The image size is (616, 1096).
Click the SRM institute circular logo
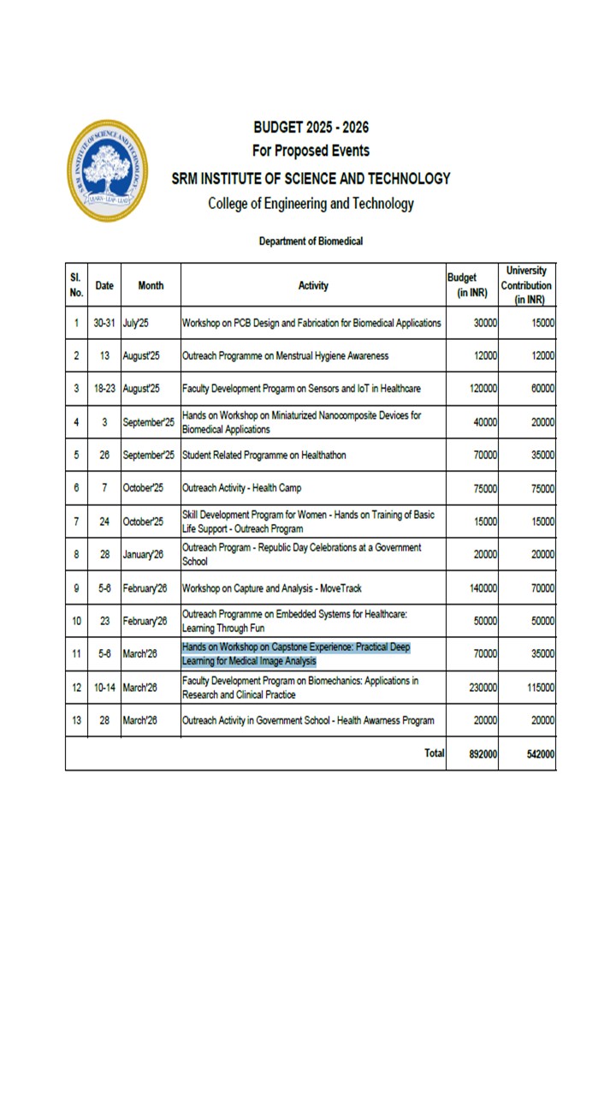pyautogui.click(x=108, y=170)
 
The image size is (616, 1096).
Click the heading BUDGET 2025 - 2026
pyautogui.click(x=311, y=128)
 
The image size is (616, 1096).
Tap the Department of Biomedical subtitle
pyautogui.click(x=311, y=241)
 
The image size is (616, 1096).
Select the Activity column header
pyautogui.click(x=313, y=286)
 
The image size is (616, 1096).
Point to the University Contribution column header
pyautogui.click(x=526, y=285)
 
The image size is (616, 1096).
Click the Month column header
pyautogui.click(x=151, y=286)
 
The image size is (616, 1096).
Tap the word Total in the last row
pyautogui.click(x=435, y=753)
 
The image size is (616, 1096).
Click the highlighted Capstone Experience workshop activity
pyautogui.click(x=296, y=654)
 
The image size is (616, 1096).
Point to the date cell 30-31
pyautogui.click(x=104, y=323)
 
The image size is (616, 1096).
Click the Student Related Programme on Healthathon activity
pyautogui.click(x=264, y=456)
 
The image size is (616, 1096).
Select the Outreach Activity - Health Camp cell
pyautogui.click(x=242, y=488)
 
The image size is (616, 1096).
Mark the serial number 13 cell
pyautogui.click(x=76, y=721)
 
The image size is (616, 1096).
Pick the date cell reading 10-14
pyautogui.click(x=104, y=688)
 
